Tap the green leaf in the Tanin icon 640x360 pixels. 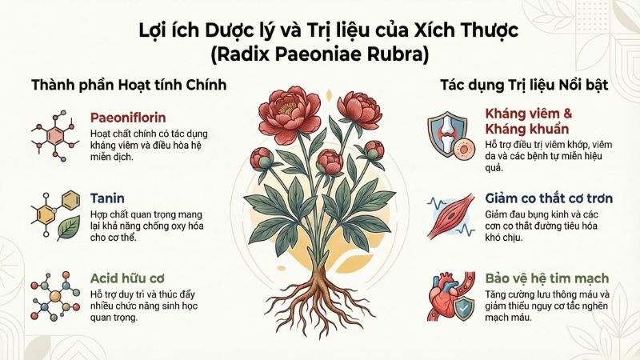(67, 230)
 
